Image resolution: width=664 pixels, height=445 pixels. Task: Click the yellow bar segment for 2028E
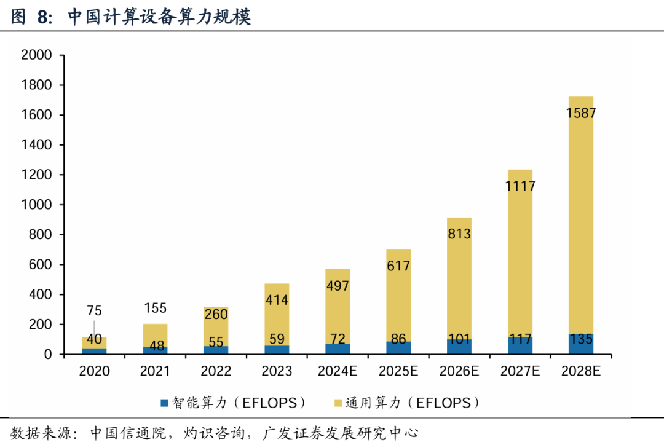[581, 215]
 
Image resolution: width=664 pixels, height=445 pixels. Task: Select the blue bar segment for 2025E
[398, 347]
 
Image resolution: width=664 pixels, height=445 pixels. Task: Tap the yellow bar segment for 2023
[277, 320]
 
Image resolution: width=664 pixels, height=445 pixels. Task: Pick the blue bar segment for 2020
[94, 351]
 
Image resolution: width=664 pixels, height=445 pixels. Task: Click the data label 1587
[581, 113]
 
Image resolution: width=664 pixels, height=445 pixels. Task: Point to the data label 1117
[520, 186]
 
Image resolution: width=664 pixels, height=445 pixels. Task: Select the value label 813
[459, 234]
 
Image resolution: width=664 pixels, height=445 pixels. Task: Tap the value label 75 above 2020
[94, 310]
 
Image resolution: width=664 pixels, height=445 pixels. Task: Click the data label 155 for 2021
[154, 308]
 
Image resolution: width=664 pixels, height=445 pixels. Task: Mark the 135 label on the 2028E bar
[581, 339]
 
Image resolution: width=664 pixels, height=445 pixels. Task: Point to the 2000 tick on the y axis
[36, 55]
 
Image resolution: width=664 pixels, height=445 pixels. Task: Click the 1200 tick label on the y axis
[36, 175]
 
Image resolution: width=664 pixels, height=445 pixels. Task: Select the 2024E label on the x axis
[338, 371]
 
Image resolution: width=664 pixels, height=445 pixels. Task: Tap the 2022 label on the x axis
[216, 371]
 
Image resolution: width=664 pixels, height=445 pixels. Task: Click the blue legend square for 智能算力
[164, 403]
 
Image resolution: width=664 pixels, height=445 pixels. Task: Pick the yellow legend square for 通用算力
[338, 403]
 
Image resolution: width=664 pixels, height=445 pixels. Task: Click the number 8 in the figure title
[42, 17]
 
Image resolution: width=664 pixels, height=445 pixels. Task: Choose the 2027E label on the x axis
[520, 371]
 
